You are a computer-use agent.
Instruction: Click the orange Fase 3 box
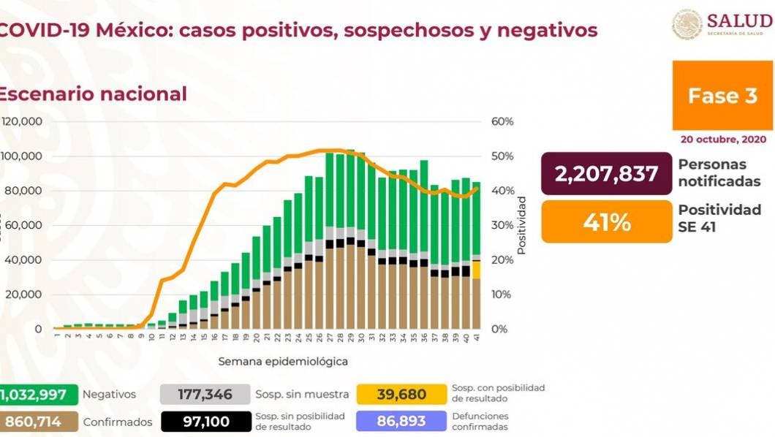coord(722,96)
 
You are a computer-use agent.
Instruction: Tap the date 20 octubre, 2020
coord(722,139)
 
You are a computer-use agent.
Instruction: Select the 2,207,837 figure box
coord(606,173)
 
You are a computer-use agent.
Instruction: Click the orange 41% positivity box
coord(606,222)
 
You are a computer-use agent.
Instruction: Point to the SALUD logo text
coord(738,20)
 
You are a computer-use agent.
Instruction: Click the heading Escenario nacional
coord(92,94)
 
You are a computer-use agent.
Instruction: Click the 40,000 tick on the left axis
coord(23,260)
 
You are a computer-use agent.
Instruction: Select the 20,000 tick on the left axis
coord(23,294)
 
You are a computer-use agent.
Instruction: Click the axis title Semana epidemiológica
coord(282,361)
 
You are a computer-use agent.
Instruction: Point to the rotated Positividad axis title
coord(521,225)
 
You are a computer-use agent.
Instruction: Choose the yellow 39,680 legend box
coord(401,395)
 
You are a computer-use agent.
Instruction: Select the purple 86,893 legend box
coord(401,422)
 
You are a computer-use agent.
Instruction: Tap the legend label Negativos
coord(109,395)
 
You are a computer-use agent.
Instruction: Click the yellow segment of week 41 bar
coord(476,270)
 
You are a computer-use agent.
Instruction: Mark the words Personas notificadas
coord(719,173)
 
